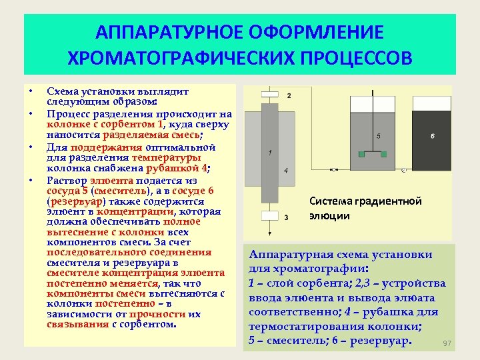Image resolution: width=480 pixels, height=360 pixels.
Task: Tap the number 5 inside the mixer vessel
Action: (379, 135)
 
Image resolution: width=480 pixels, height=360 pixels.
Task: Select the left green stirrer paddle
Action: (362, 154)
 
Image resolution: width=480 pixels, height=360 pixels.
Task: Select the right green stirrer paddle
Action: (385, 154)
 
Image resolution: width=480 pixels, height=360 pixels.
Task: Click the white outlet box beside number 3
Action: (269, 216)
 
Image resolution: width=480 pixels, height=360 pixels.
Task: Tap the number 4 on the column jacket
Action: (285, 171)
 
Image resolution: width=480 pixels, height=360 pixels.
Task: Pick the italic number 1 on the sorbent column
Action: (268, 153)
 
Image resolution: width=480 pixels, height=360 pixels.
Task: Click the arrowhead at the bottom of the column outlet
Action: (269, 234)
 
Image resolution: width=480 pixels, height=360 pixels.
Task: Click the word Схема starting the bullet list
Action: (61, 91)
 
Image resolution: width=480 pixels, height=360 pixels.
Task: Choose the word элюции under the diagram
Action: (329, 215)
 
